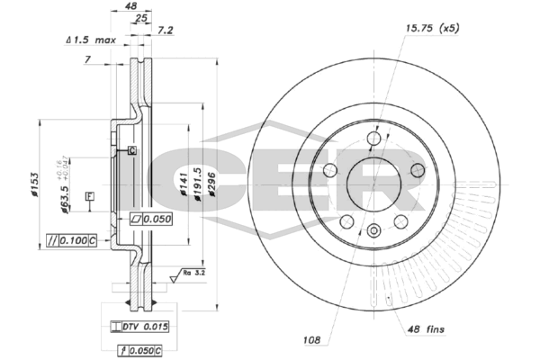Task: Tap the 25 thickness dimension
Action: click(139, 18)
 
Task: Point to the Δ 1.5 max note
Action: click(92, 41)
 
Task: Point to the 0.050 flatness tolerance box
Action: click(150, 218)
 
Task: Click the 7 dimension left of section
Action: click(88, 59)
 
